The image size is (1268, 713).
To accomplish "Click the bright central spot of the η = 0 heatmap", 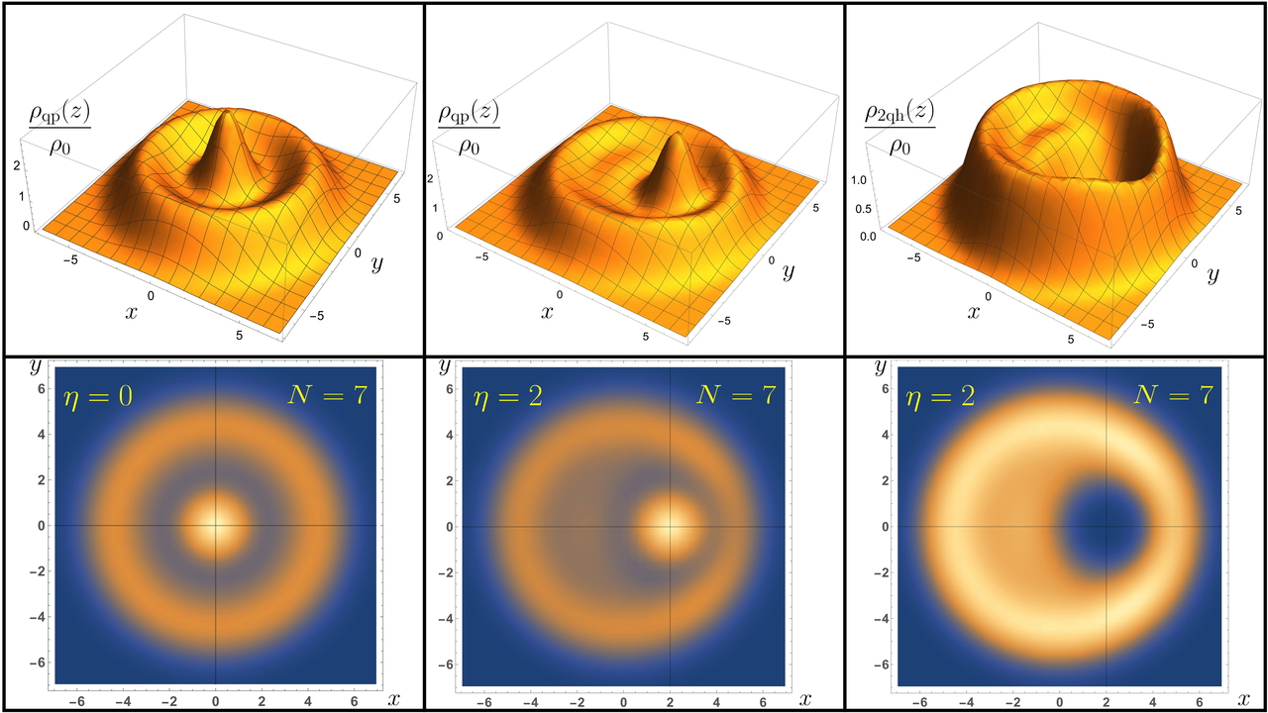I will [216, 525].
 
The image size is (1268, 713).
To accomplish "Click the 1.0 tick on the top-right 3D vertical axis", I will [869, 180].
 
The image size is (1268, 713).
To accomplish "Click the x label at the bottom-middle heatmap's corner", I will [803, 700].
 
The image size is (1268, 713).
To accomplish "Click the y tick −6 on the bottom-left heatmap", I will [38, 662].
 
